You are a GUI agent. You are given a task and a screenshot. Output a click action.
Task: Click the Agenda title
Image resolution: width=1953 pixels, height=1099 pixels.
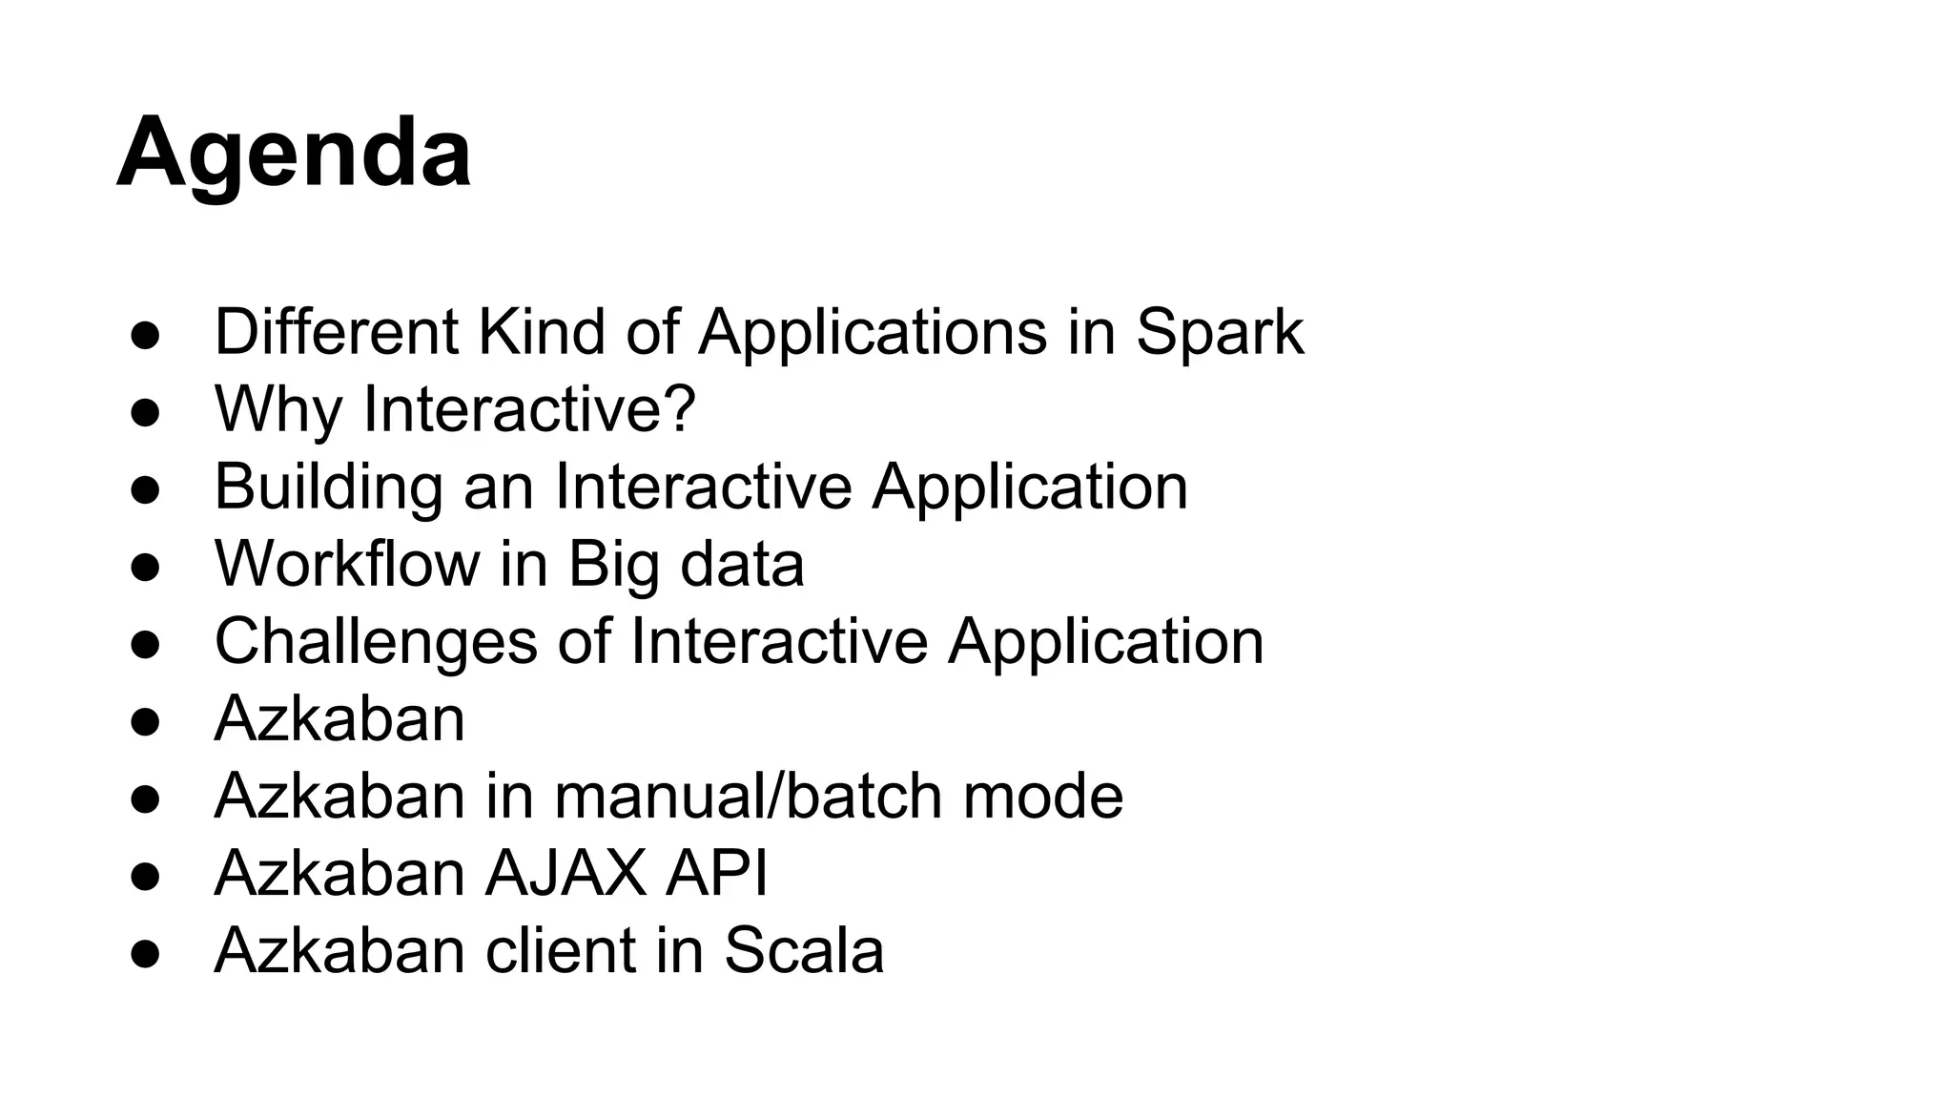(294, 153)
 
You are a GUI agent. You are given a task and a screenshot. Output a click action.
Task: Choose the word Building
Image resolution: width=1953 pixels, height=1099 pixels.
(328, 487)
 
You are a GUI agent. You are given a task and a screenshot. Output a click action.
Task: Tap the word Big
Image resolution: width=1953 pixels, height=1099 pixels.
(614, 564)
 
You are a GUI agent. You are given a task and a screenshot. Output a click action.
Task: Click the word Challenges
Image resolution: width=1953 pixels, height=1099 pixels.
(376, 641)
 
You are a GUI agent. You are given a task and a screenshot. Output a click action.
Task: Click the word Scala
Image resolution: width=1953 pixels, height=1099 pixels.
(804, 950)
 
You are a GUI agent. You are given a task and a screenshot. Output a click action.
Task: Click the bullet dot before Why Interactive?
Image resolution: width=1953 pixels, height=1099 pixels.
(145, 413)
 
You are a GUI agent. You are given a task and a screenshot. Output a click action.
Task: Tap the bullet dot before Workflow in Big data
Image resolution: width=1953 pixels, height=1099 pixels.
(145, 568)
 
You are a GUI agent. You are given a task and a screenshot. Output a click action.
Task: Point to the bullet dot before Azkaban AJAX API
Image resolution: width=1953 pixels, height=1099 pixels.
(145, 877)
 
